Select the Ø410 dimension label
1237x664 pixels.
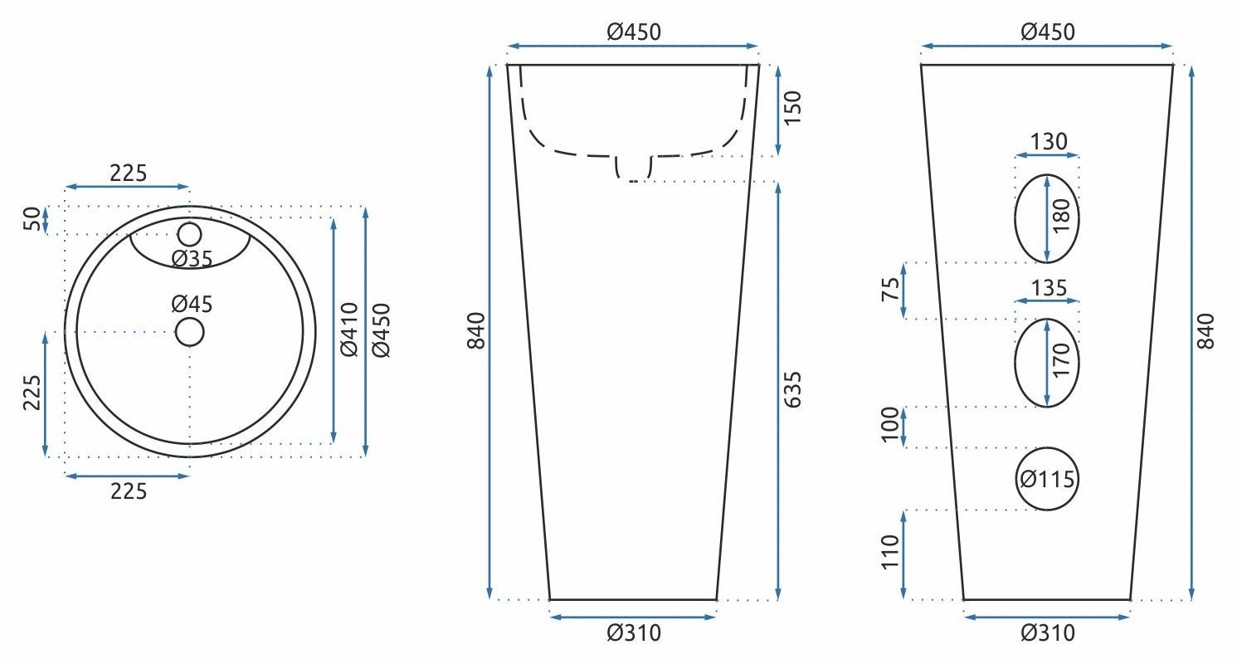click(x=349, y=330)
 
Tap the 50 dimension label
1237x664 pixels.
click(x=32, y=219)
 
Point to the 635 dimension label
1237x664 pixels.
click(x=792, y=390)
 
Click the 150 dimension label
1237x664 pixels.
click(x=792, y=108)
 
